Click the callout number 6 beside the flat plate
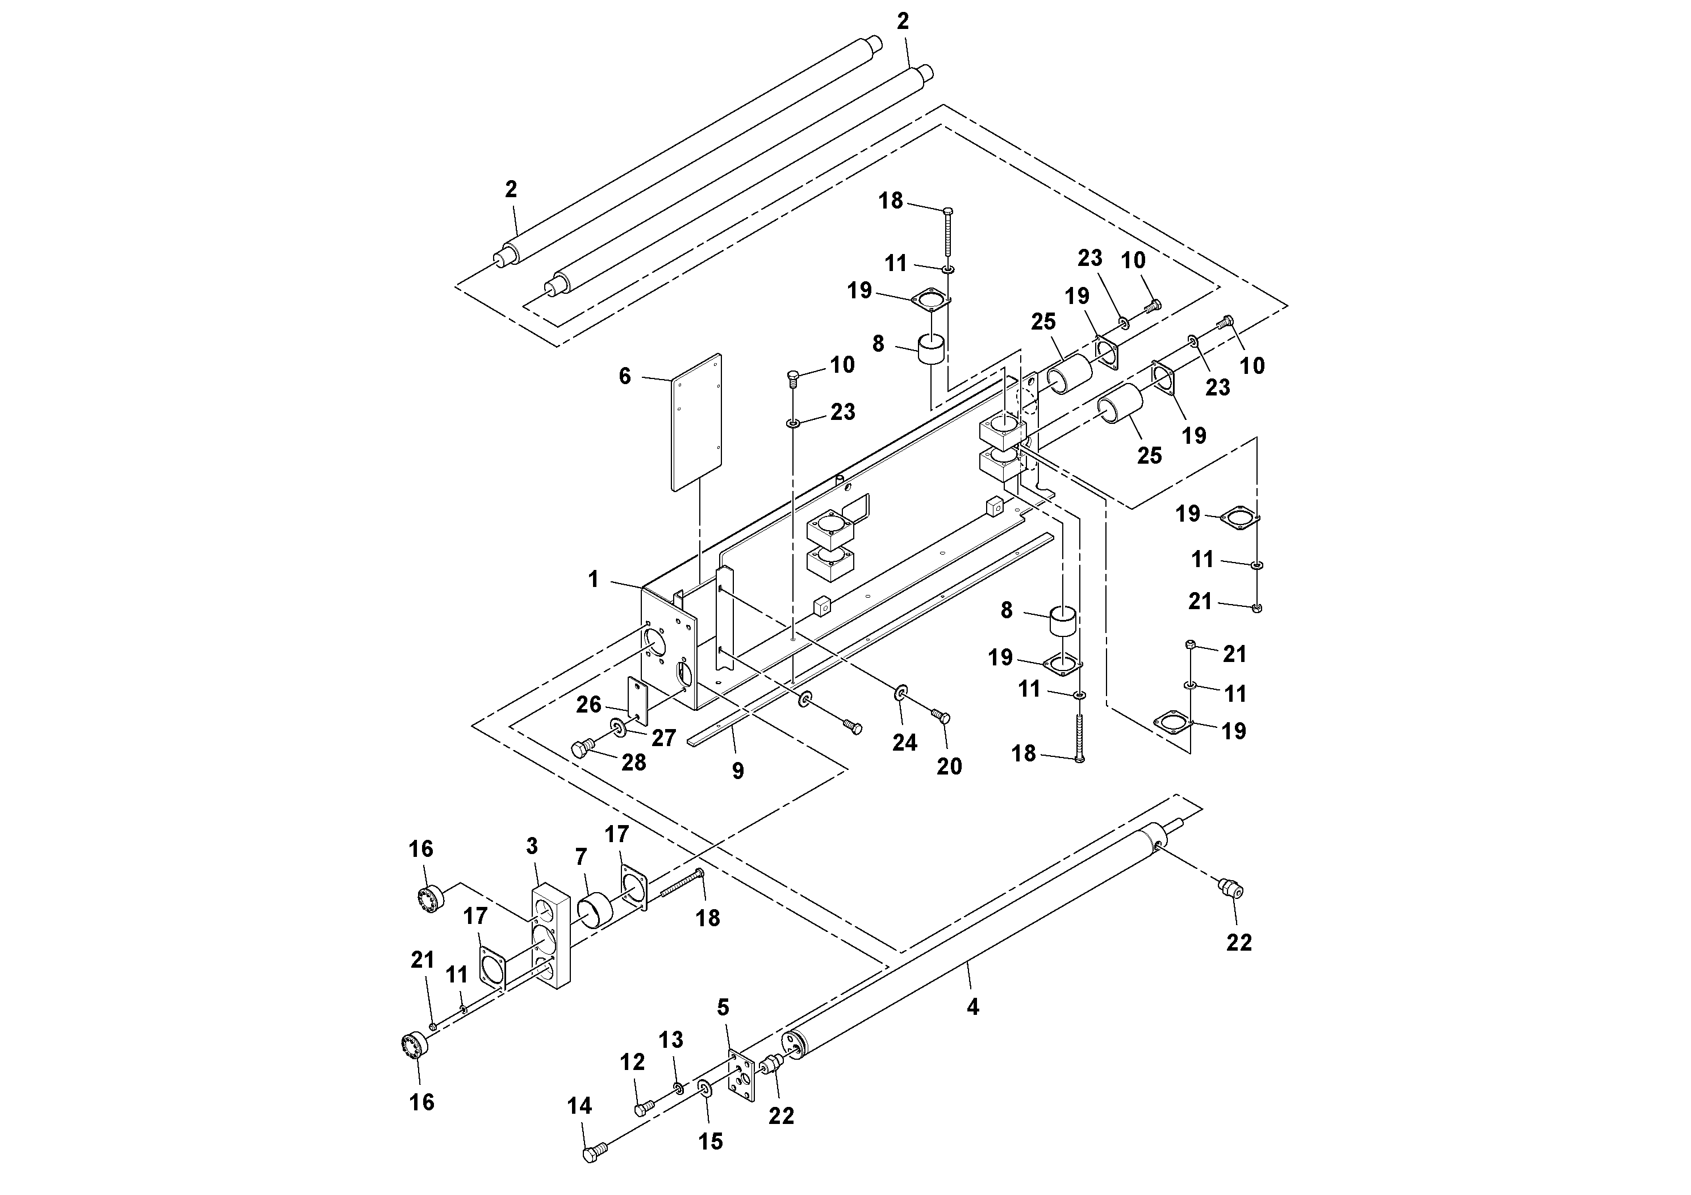pos(625,377)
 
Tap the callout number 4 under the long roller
pos(973,1006)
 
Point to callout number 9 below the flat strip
pos(738,771)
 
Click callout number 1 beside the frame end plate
pos(594,580)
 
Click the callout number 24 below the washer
pos(904,743)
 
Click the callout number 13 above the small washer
pos(671,1039)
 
